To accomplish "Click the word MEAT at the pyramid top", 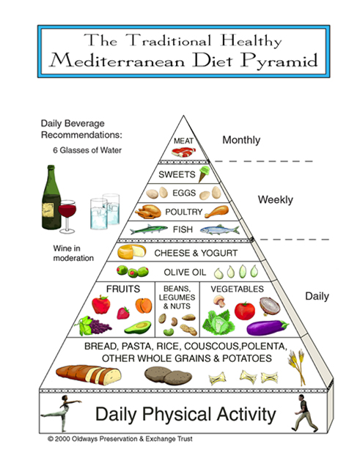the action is (183, 141).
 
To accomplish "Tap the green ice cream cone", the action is (204, 174).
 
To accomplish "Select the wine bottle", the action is (51, 197).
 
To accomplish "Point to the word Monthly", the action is (241, 140).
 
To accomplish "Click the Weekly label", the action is (275, 200).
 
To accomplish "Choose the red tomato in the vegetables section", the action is (245, 311).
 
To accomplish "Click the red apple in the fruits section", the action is (101, 304).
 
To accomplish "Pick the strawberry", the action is (123, 313).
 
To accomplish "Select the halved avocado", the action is (138, 327).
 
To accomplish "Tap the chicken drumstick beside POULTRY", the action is (216, 212).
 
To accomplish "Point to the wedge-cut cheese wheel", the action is (132, 252).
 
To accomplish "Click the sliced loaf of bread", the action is (89, 374).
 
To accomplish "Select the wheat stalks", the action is (297, 366).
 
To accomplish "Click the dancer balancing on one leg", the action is (62, 412).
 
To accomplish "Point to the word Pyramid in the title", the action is (279, 61).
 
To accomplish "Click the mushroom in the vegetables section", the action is (219, 301).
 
